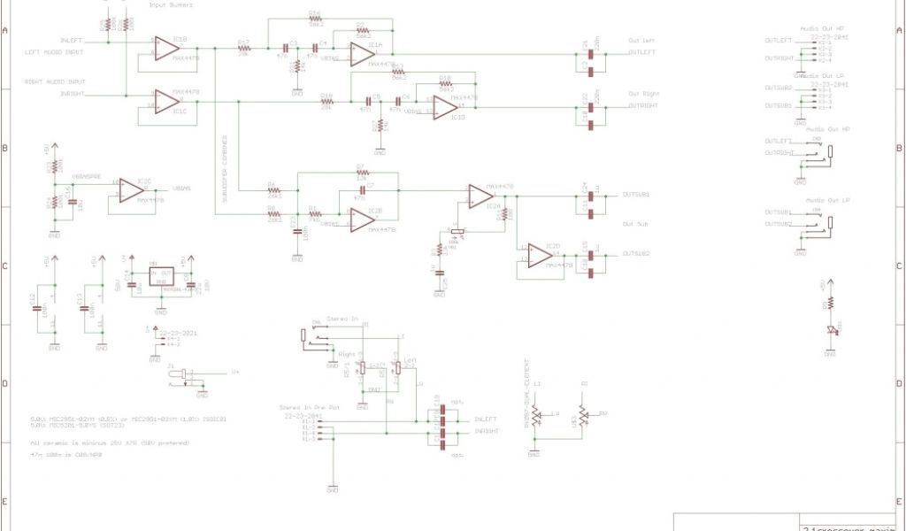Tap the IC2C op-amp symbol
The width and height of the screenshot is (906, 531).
pos(130,189)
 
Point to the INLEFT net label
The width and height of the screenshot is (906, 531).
pos(73,42)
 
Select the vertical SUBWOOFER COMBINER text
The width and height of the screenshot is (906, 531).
pos(225,173)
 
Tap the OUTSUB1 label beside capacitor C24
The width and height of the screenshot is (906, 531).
pos(636,194)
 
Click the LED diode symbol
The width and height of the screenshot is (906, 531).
pos(830,331)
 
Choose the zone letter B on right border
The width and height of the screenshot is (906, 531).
pos(900,148)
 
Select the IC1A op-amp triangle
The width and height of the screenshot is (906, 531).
pos(361,54)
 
